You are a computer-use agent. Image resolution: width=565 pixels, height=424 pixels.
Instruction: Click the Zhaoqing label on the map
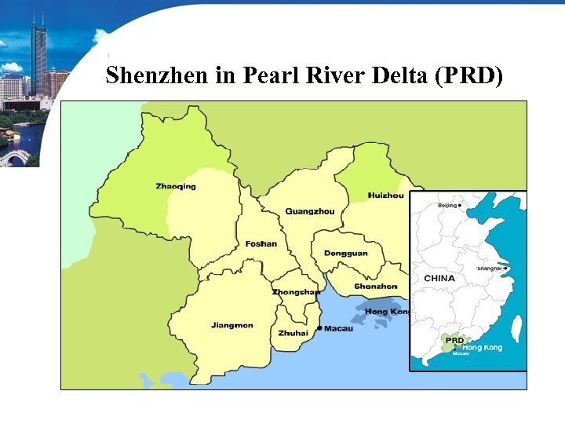pos(176,186)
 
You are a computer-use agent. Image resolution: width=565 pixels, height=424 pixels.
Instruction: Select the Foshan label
pos(261,243)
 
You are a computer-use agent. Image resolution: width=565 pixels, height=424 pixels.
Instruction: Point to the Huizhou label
pos(385,195)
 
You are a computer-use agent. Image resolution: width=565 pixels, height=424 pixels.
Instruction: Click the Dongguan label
pos(345,254)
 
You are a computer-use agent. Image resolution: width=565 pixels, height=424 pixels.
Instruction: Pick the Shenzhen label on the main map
pos(375,287)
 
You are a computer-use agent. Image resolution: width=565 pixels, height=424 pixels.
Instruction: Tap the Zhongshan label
pos(296,292)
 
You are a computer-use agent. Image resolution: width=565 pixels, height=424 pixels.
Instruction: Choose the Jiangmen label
pos(231,325)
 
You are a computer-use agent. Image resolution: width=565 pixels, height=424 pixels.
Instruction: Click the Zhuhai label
pos(293,333)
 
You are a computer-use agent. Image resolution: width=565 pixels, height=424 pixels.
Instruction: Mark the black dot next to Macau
pos(319,327)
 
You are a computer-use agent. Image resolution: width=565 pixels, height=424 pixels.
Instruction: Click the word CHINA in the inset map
pos(439,278)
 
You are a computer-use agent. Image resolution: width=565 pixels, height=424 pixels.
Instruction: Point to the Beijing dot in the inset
pos(461,205)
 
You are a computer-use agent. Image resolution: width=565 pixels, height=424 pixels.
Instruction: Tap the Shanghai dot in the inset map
pos(506,269)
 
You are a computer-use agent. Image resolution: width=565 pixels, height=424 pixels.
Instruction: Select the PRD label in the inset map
pos(454,340)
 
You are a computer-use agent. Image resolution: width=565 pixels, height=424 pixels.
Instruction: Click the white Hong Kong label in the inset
pos(483,347)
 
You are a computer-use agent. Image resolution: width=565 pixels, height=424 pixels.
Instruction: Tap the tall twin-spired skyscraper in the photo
pos(38,55)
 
